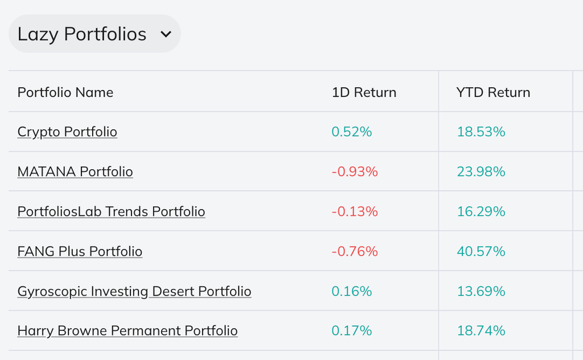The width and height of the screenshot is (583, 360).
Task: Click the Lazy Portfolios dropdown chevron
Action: pyautogui.click(x=166, y=34)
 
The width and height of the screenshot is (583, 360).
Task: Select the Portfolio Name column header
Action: pyautogui.click(x=65, y=92)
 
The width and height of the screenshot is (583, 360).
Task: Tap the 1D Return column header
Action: pyautogui.click(x=364, y=92)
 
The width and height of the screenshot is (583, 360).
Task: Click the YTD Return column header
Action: pyautogui.click(x=493, y=92)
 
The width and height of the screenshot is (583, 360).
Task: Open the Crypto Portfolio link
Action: pyautogui.click(x=67, y=132)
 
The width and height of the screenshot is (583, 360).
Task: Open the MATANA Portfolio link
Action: pyautogui.click(x=75, y=171)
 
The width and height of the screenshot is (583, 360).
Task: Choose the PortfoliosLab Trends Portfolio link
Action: pyautogui.click(x=111, y=211)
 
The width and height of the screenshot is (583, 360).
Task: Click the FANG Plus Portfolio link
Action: pyautogui.click(x=80, y=251)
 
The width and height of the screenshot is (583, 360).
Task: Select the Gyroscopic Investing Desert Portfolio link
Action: pyautogui.click(x=134, y=291)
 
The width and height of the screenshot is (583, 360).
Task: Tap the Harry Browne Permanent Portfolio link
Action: pyautogui.click(x=128, y=330)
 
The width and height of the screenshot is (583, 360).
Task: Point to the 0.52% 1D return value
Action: pyautogui.click(x=351, y=132)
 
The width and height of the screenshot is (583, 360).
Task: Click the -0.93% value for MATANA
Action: pyautogui.click(x=355, y=171)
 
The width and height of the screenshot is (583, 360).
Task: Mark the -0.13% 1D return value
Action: pyautogui.click(x=355, y=211)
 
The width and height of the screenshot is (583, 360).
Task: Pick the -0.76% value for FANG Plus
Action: pyautogui.click(x=355, y=251)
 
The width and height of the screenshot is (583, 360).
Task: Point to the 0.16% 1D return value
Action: pyautogui.click(x=351, y=291)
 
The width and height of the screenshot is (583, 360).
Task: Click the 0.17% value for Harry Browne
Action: pyautogui.click(x=351, y=330)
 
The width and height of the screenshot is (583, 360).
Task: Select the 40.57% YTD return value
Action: pyautogui.click(x=481, y=251)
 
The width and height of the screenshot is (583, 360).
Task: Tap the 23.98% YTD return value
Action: pyautogui.click(x=481, y=171)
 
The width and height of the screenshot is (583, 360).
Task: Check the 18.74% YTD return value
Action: pyautogui.click(x=481, y=330)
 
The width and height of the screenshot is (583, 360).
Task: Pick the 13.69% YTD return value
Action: pyautogui.click(x=481, y=291)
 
